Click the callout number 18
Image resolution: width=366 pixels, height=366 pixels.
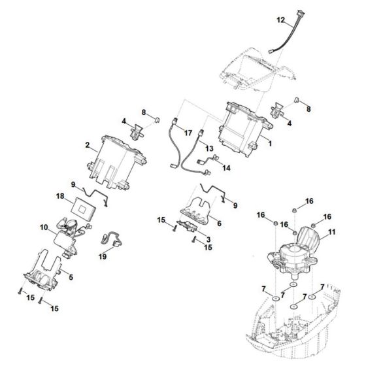tap(59, 196)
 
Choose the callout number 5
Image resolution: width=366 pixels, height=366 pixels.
tap(71, 278)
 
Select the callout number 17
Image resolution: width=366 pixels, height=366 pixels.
tap(189, 132)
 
